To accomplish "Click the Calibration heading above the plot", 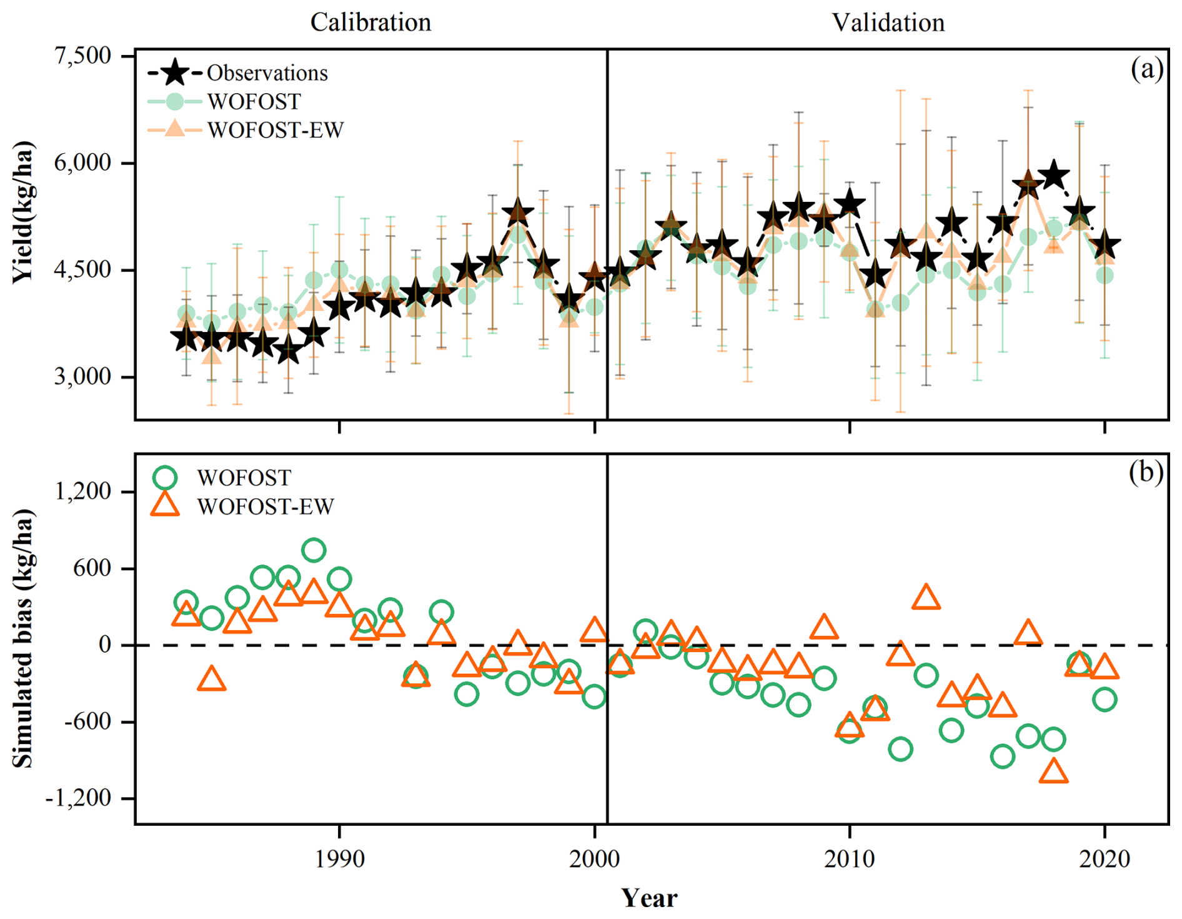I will pyautogui.click(x=370, y=23).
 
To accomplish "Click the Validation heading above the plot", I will pyautogui.click(x=888, y=23).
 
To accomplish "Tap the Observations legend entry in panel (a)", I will pyautogui.click(x=267, y=73).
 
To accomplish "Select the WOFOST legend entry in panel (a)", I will pyautogui.click(x=254, y=101).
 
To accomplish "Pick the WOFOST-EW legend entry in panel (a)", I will pyautogui.click(x=275, y=130).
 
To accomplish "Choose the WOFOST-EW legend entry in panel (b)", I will pyautogui.click(x=266, y=506).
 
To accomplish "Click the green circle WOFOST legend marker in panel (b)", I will pyautogui.click(x=166, y=478).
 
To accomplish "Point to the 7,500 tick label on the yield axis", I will pyautogui.click(x=82, y=56).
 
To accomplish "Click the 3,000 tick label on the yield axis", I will pyautogui.click(x=82, y=377).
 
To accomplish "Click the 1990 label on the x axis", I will pyautogui.click(x=339, y=859).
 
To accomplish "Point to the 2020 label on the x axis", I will pyautogui.click(x=1105, y=859).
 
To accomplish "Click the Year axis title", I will pyautogui.click(x=650, y=898).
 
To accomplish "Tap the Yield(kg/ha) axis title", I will pyautogui.click(x=23, y=213).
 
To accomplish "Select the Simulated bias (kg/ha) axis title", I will pyautogui.click(x=23, y=638).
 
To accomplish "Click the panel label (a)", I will pyautogui.click(x=1146, y=69).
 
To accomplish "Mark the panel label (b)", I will pyautogui.click(x=1146, y=473).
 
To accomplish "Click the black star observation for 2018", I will pyautogui.click(x=1054, y=174).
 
